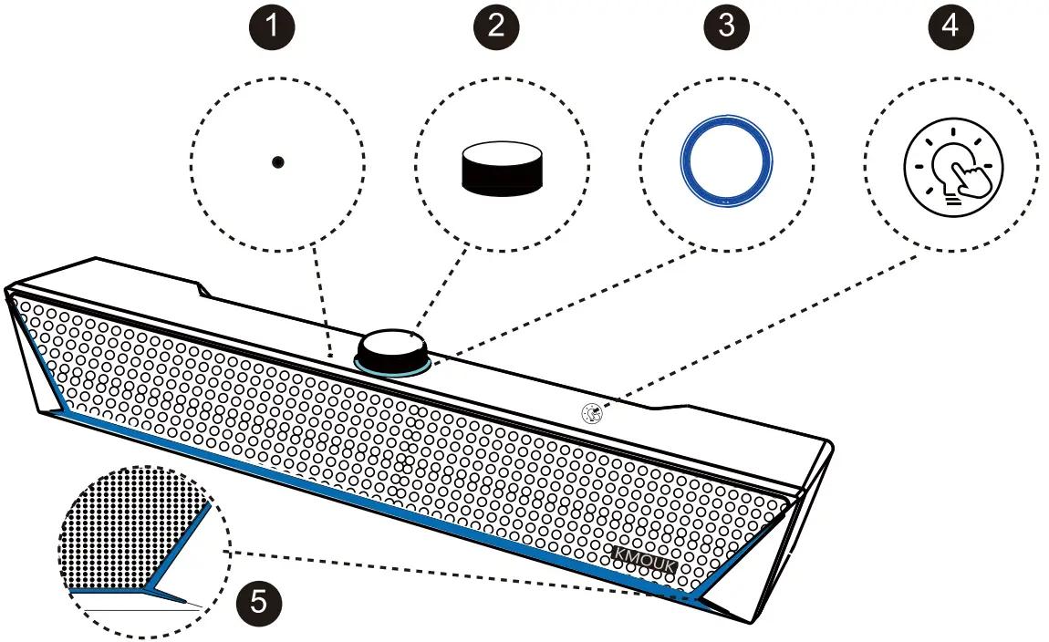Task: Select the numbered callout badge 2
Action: point(496,25)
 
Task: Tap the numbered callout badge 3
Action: point(725,25)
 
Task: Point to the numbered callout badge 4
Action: point(950,25)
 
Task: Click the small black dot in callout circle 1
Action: point(278,161)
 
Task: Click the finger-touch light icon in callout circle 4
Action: point(952,167)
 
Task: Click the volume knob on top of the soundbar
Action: point(392,348)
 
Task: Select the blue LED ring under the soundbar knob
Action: point(392,368)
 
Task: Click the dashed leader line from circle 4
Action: point(766,331)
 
